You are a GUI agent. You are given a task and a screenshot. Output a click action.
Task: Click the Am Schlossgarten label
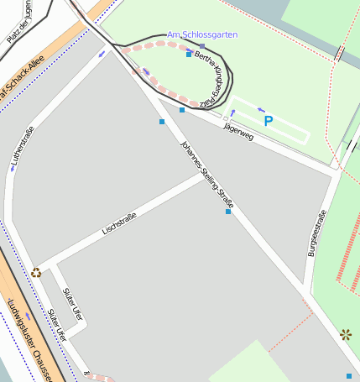(202, 34)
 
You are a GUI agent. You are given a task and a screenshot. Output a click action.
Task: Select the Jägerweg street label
(238, 130)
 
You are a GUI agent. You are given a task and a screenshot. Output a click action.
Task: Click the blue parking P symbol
(269, 121)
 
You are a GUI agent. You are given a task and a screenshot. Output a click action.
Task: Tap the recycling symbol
(36, 272)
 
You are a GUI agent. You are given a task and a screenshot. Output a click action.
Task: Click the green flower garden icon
(346, 334)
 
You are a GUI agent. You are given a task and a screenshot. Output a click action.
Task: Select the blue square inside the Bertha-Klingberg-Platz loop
(189, 54)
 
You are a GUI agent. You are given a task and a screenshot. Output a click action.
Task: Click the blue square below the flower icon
(349, 375)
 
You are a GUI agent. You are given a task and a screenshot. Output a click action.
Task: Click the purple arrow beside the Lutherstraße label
(13, 167)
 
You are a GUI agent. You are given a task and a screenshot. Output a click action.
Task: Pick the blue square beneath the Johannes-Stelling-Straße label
(228, 212)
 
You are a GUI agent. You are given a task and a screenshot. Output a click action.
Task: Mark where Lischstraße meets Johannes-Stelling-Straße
(204, 176)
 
